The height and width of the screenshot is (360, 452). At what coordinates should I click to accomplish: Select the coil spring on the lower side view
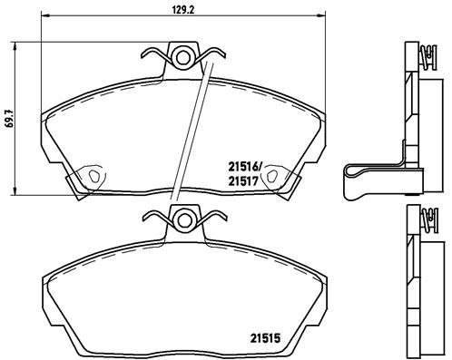coord(423,221)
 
